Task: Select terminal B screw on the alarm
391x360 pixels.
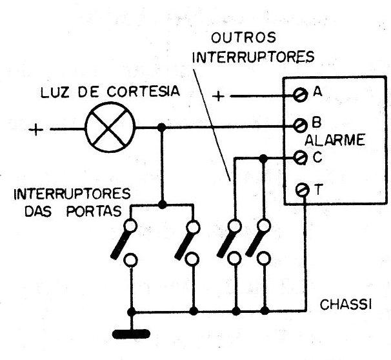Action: (299, 125)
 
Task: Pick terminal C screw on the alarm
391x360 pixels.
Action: (299, 156)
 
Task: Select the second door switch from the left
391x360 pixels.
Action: (192, 243)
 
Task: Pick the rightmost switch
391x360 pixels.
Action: (263, 243)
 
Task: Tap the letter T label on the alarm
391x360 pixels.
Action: (318, 189)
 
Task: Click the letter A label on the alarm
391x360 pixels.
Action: (317, 93)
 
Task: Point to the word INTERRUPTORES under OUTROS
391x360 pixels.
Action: (254, 57)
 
